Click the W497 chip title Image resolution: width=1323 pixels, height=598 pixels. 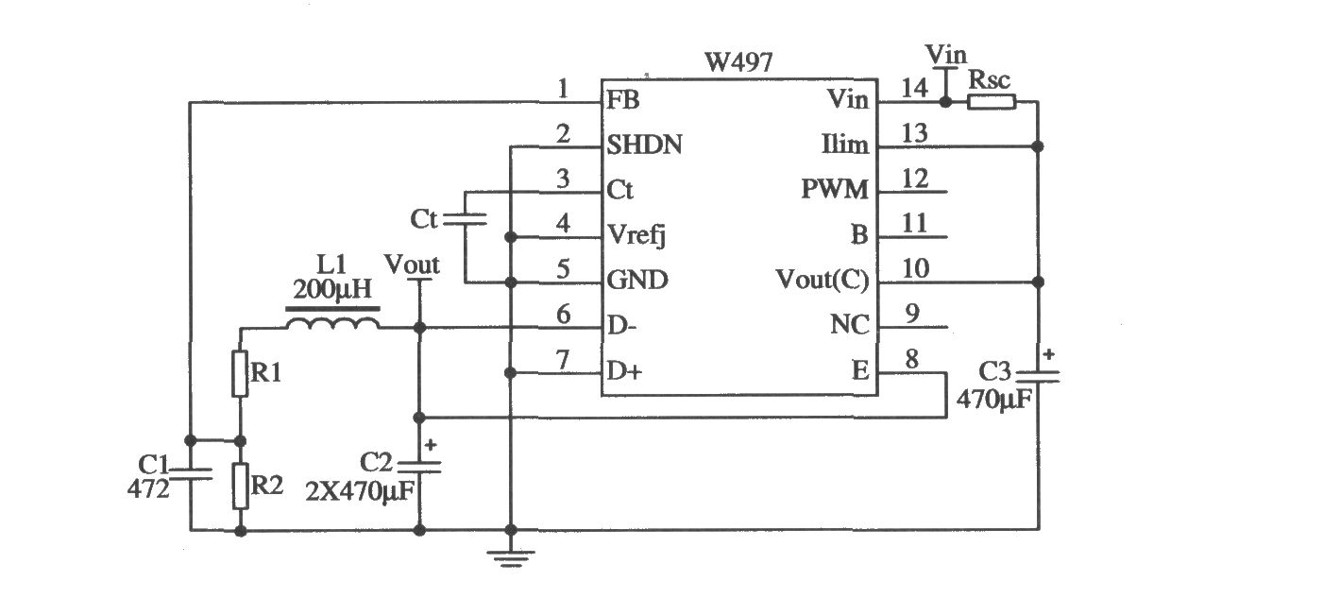click(738, 62)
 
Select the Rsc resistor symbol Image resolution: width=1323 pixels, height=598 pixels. click(992, 102)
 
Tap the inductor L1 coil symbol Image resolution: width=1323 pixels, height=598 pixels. click(332, 323)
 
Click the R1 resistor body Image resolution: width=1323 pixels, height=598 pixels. click(239, 373)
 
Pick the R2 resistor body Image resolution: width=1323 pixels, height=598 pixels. click(239, 486)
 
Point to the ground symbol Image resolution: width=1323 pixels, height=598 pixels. click(511, 558)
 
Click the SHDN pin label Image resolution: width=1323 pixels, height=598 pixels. click(644, 145)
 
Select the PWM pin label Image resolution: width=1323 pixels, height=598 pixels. click(835, 190)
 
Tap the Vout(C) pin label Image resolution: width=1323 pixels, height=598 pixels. click(823, 280)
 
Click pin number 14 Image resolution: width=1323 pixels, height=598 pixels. click(914, 88)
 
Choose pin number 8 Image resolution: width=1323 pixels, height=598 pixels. click(912, 359)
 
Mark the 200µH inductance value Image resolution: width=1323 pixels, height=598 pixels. click(332, 289)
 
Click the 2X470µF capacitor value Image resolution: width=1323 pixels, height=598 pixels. click(361, 491)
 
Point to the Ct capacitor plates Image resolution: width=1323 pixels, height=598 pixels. click(465, 219)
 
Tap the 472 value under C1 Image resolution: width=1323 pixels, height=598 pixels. click(147, 488)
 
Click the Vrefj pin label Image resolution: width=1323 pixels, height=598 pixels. click(636, 236)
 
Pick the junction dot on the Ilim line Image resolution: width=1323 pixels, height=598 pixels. click(1037, 145)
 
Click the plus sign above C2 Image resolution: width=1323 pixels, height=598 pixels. click(431, 444)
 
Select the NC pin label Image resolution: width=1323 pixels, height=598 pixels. click(849, 324)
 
